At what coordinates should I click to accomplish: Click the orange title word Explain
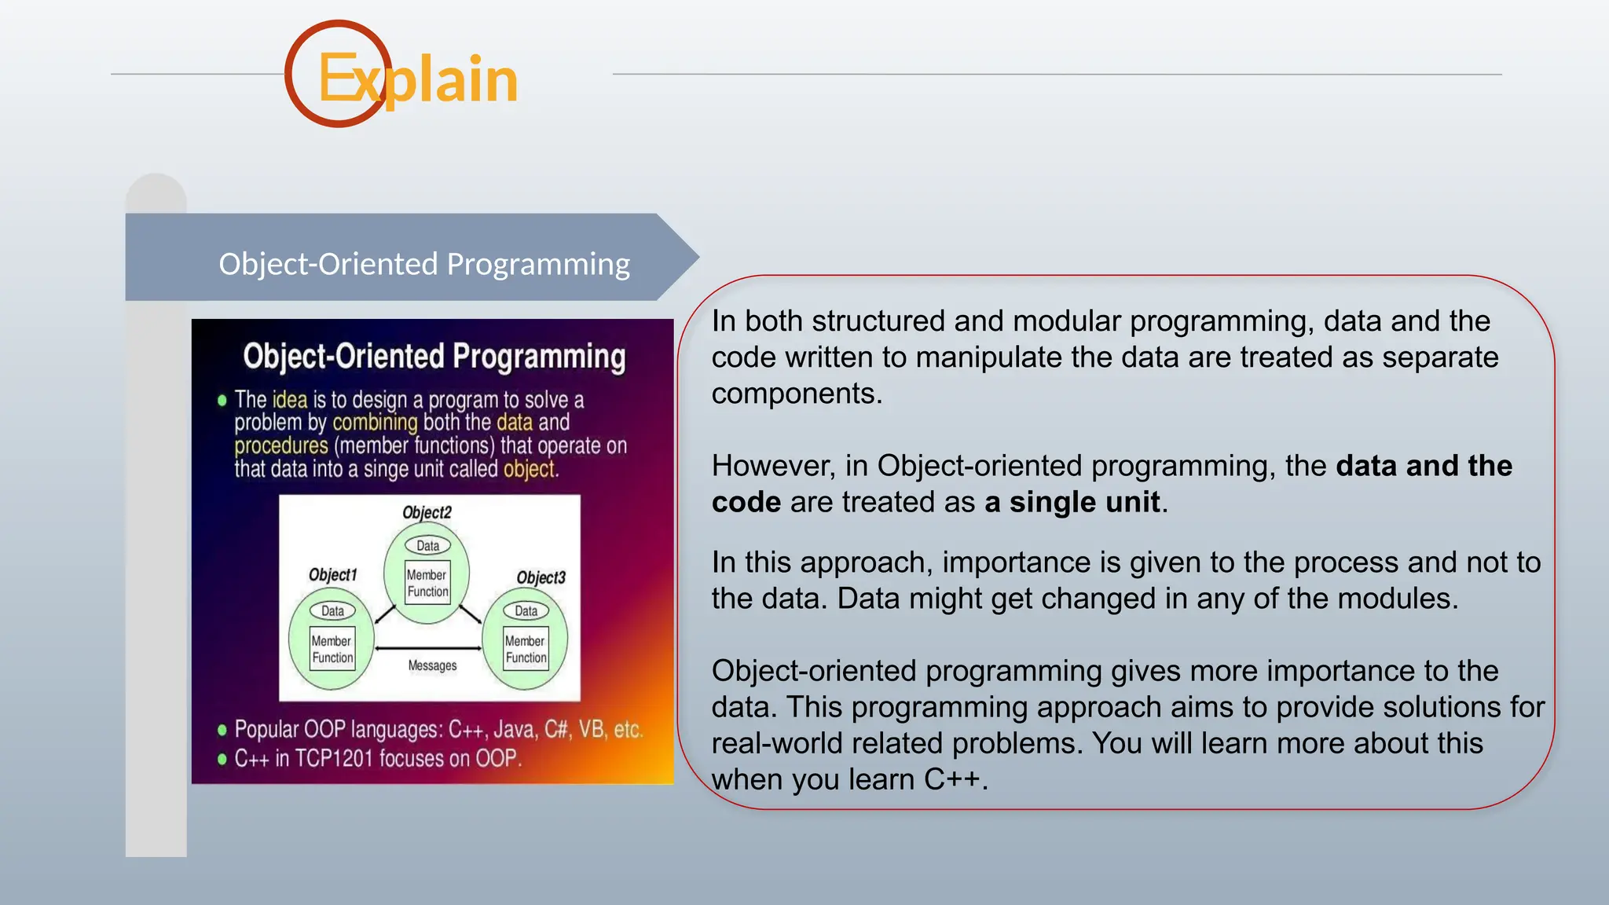coord(418,79)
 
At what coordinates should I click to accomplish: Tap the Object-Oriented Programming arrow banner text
coord(424,264)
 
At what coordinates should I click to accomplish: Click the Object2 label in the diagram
coord(427,512)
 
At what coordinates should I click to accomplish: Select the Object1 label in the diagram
coord(332,574)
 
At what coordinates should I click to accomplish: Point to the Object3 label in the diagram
coord(541,577)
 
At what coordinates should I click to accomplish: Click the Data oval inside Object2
coord(427,545)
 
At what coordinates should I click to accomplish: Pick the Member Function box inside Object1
coord(332,649)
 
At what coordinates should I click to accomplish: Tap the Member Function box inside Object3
coord(526,649)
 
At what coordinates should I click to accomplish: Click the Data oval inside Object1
coord(332,610)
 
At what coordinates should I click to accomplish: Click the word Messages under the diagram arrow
coord(432,665)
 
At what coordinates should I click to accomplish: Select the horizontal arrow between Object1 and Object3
coord(428,648)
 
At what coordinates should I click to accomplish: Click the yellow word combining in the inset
coord(375,423)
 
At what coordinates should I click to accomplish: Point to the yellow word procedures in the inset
coord(281,446)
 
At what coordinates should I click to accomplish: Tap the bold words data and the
coord(1424,466)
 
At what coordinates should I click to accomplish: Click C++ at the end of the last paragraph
coord(951,779)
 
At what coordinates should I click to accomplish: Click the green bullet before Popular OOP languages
coord(222,730)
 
